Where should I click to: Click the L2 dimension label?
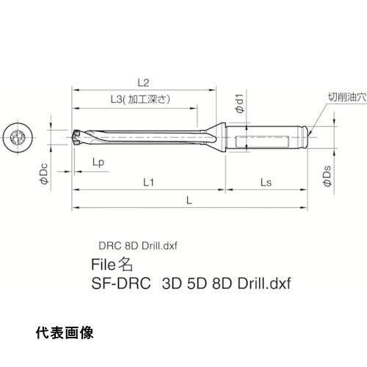[143, 83]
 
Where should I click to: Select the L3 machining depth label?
[140, 99]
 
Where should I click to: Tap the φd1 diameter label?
[240, 103]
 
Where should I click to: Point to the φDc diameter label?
[44, 173]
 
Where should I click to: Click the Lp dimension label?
[98, 162]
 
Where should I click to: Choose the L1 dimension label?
[148, 182]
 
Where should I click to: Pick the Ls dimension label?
[266, 182]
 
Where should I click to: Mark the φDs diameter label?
[327, 176]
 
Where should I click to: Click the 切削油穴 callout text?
[347, 97]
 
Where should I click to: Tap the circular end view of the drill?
[18, 137]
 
